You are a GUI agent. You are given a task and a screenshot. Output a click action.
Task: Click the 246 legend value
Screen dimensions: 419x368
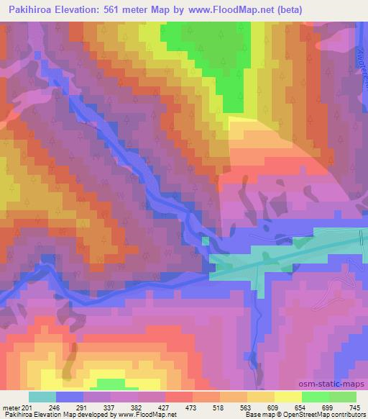click(73, 407)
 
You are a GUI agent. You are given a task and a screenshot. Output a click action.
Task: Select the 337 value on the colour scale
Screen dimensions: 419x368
click(138, 407)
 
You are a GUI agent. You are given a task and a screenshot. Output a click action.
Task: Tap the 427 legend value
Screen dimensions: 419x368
click(203, 407)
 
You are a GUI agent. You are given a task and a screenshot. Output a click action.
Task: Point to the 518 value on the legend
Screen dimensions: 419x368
click(269, 407)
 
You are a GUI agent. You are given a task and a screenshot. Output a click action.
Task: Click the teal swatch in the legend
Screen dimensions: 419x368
click(42, 396)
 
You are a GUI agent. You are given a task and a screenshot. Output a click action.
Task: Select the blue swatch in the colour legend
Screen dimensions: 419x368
click(70, 396)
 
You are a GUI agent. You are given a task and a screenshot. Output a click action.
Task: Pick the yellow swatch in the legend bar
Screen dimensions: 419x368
click(287, 396)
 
